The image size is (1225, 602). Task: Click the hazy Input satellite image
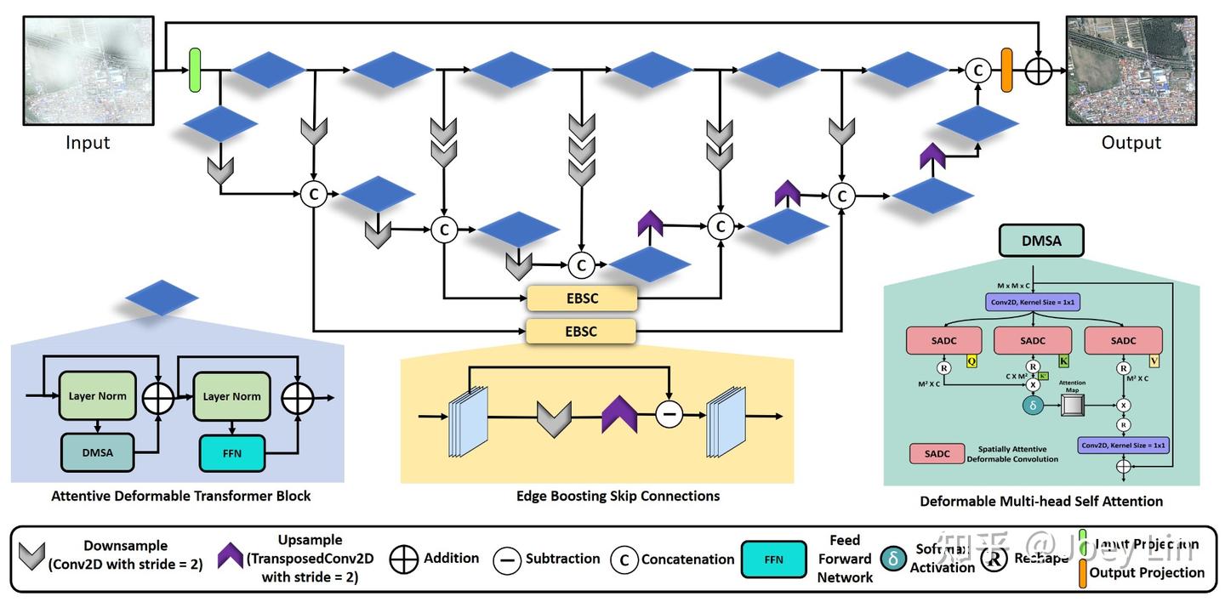[x=88, y=71]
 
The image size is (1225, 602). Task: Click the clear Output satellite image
[x=1131, y=71]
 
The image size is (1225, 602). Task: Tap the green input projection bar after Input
[x=195, y=70]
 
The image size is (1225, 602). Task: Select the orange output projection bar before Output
[x=1007, y=70]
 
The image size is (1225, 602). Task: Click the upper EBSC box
[x=582, y=298]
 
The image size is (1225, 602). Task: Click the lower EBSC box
[x=582, y=332]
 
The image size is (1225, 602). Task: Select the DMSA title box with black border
[x=1042, y=241]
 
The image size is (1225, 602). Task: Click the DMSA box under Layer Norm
[x=97, y=452]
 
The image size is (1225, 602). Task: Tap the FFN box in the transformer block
[x=232, y=452]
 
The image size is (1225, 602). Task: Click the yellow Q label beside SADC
[x=971, y=361]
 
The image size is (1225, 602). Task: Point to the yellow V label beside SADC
[x=1154, y=361]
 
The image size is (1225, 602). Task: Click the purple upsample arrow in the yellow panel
[x=619, y=416]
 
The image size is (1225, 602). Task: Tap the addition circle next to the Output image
[x=1039, y=71]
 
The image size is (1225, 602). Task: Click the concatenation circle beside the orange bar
[x=978, y=71]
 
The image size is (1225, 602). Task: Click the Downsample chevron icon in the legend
[x=32, y=558]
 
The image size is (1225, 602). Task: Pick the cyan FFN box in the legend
[x=774, y=559]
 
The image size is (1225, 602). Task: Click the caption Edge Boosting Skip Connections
[x=618, y=496]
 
